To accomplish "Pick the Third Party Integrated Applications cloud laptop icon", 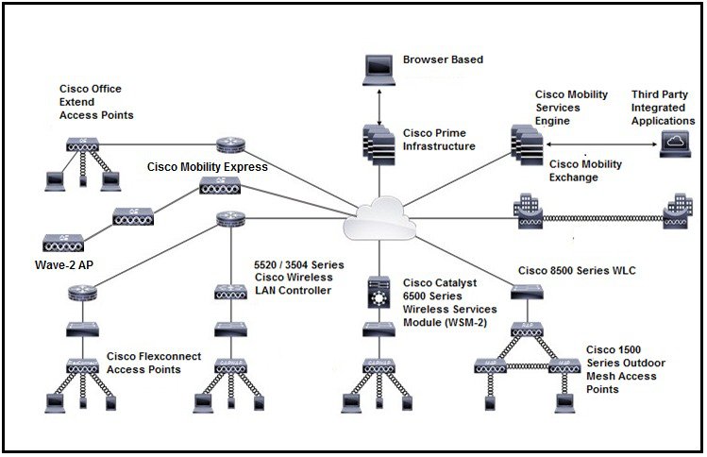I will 677,143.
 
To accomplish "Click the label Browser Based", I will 443,60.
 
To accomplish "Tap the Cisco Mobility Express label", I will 208,167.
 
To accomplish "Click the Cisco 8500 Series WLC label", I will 577,271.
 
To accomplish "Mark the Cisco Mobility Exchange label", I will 586,171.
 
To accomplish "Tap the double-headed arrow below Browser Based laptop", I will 379,106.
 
